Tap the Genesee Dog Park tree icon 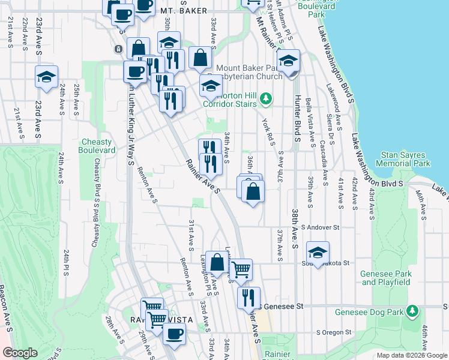(412, 311)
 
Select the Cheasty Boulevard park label (96, 146)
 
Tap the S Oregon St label (336, 332)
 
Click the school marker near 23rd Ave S (46, 77)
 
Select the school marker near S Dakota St (318, 251)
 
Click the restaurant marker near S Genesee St (249, 297)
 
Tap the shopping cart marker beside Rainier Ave (241, 269)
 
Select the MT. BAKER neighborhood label (184, 11)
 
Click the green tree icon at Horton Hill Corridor (267, 97)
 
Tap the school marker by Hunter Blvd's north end (289, 61)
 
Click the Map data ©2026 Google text (411, 355)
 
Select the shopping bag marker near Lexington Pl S (217, 262)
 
